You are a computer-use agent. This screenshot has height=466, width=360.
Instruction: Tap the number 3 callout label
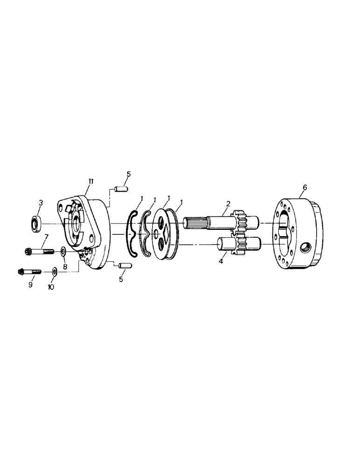(41, 203)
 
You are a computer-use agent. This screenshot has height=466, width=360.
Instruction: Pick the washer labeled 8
(63, 252)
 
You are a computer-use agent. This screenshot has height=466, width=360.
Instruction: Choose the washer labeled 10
(55, 270)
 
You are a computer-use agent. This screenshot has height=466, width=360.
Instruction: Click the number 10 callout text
(51, 287)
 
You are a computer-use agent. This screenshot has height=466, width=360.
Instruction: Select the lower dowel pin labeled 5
(124, 266)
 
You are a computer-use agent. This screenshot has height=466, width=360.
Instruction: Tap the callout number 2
(228, 203)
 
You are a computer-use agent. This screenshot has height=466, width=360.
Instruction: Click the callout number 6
(305, 187)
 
